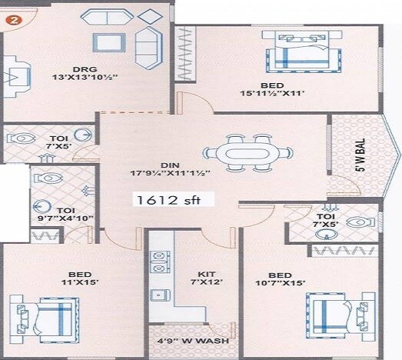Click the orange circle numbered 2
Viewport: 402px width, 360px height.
pos(12,21)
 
